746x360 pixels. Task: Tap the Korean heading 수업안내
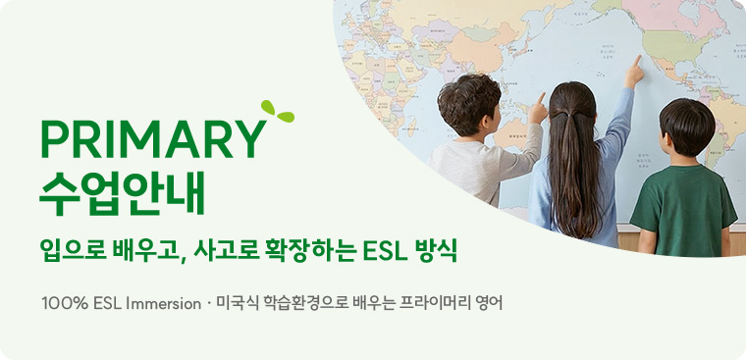122,193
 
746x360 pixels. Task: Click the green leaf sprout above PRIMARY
276,113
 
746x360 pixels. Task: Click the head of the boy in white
468,105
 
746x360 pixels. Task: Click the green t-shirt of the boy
683,201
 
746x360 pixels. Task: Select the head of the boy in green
686,127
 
